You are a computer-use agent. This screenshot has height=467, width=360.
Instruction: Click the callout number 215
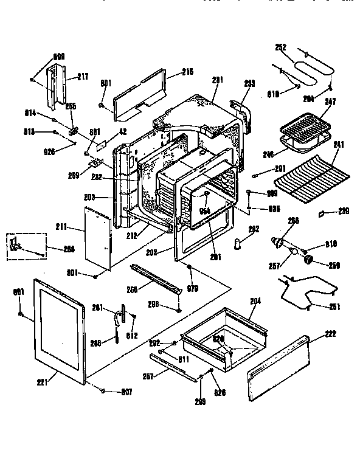[187, 72]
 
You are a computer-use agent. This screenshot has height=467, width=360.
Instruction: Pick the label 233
[249, 83]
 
